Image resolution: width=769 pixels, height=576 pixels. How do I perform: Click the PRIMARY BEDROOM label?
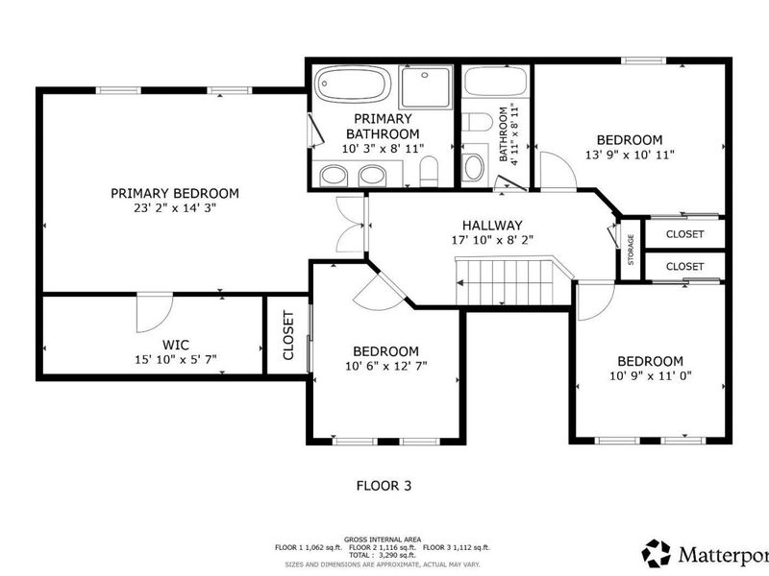pyautogui.click(x=174, y=193)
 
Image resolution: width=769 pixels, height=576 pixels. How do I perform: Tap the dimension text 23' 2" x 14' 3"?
pyautogui.click(x=174, y=208)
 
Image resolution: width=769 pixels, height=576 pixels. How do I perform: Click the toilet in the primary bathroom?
pyautogui.click(x=429, y=173)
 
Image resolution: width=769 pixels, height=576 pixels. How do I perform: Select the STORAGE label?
pyautogui.click(x=631, y=250)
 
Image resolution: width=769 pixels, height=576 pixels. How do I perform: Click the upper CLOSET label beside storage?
pyautogui.click(x=684, y=234)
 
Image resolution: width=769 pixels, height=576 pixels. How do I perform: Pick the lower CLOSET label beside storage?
pyautogui.click(x=684, y=266)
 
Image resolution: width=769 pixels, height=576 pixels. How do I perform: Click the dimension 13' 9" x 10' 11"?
pyautogui.click(x=630, y=154)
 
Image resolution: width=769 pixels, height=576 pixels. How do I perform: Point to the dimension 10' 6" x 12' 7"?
pyautogui.click(x=384, y=366)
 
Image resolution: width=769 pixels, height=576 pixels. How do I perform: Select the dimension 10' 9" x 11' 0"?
pyautogui.click(x=650, y=376)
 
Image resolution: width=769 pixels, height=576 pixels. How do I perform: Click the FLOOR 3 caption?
pyautogui.click(x=384, y=487)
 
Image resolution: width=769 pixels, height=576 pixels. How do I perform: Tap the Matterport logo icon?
pyautogui.click(x=657, y=553)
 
